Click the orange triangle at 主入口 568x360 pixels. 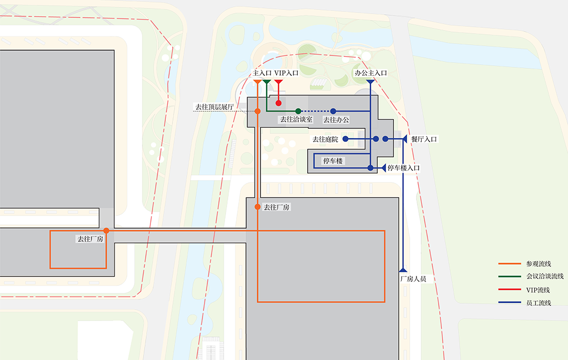(257, 83)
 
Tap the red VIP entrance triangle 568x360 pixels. (279, 83)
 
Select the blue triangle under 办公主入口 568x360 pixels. (371, 83)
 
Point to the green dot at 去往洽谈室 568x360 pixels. (298, 111)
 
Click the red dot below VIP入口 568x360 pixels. (279, 103)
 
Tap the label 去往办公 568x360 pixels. (336, 120)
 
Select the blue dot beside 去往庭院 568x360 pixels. (346, 139)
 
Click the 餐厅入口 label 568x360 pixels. (424, 139)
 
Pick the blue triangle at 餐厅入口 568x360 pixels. (405, 139)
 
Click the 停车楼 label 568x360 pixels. (333, 161)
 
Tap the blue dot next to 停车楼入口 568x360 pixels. (371, 168)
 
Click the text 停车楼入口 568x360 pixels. (404, 168)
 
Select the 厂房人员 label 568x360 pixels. (417, 279)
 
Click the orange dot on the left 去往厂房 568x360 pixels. (106, 231)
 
